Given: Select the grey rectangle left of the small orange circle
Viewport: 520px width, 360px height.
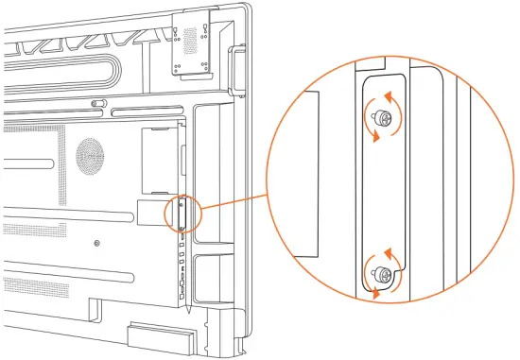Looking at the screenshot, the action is coord(150,212).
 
